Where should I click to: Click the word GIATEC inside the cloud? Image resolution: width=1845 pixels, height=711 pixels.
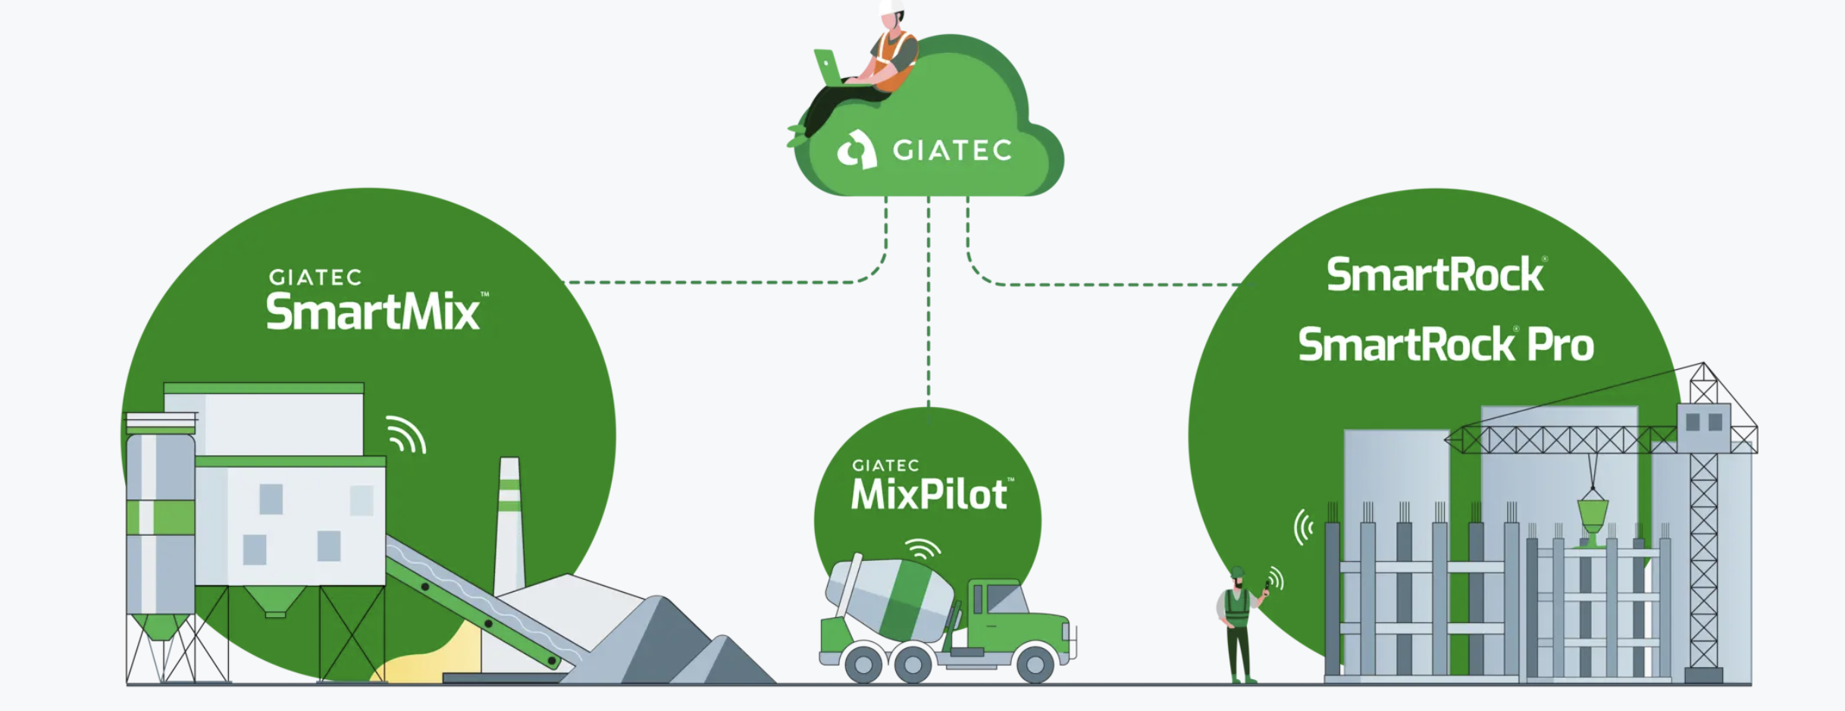(952, 150)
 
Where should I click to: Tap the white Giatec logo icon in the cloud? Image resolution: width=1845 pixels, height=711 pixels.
(857, 149)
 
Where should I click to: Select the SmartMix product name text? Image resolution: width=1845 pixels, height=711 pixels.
(373, 312)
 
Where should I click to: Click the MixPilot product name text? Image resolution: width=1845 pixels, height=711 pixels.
(929, 495)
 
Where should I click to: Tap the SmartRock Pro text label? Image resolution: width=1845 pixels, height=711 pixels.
(1446, 345)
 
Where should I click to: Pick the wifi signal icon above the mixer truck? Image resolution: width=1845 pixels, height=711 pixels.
(922, 547)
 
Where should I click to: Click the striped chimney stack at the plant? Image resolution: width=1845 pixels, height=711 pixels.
(509, 523)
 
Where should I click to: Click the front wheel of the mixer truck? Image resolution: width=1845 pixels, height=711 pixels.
(1035, 664)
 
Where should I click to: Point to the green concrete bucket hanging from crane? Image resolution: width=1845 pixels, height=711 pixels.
(1592, 515)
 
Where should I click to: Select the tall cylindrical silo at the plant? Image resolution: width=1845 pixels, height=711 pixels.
(160, 523)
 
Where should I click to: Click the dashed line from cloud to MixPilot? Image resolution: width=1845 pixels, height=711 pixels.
(929, 303)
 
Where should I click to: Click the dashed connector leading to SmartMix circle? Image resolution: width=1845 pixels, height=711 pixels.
(720, 282)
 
